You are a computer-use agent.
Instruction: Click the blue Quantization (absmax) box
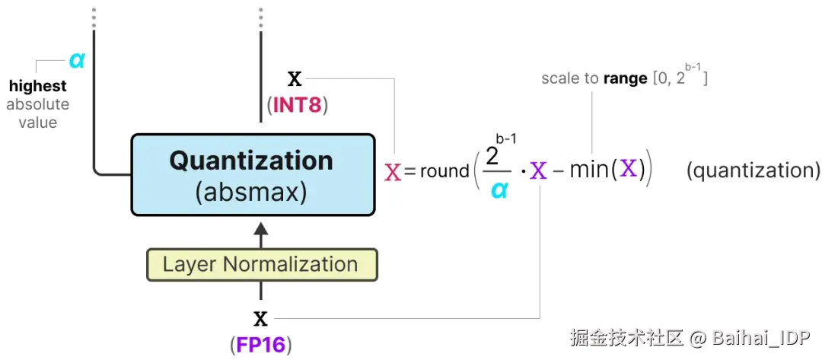coord(253,174)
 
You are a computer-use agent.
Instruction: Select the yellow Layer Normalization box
coord(260,265)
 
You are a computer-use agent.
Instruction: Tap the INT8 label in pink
coord(298,104)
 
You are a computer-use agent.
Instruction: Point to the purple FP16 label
coord(260,345)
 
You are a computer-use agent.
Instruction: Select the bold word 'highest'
coord(37,86)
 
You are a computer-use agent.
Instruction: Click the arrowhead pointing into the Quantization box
coord(260,229)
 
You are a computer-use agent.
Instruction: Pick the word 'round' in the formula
coord(444,171)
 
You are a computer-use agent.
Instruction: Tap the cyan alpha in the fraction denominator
coord(499,189)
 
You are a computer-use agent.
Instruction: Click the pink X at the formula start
coord(393,171)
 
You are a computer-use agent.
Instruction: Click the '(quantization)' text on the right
coord(753,170)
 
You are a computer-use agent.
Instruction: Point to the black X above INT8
coord(295,78)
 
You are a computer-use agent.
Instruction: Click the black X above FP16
coord(260,318)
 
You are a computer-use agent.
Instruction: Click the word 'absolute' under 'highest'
coord(37,104)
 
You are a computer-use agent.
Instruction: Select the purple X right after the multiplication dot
coord(539,170)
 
